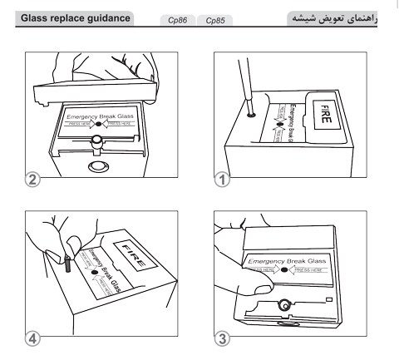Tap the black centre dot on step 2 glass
tap(98, 121)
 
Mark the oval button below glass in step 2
tap(98, 163)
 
